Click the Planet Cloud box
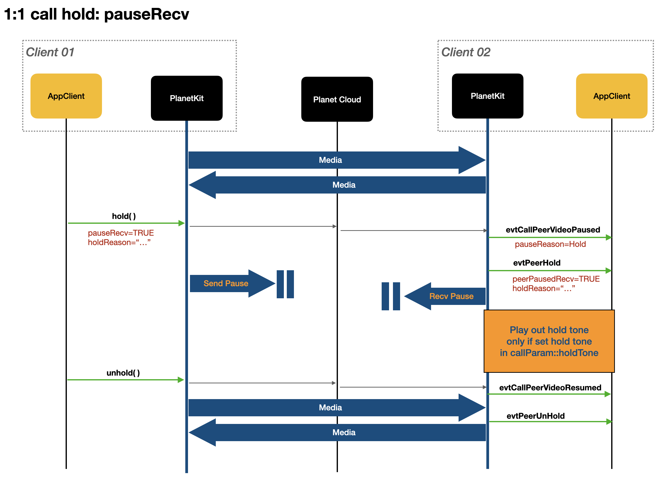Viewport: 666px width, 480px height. tap(337, 99)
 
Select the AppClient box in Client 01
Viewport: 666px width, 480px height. tap(66, 96)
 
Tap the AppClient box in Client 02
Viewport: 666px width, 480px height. tap(611, 96)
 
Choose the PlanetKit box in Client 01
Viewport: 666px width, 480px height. tap(187, 98)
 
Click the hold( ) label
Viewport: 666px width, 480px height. tap(124, 216)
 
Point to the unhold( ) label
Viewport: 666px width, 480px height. tap(123, 373)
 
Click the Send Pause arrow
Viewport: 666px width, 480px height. tap(226, 284)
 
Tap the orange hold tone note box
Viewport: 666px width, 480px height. tap(549, 341)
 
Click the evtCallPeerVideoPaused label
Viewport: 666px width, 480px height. tap(553, 230)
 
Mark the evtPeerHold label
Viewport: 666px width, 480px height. tap(536, 263)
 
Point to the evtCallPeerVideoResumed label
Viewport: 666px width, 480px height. tap(550, 388)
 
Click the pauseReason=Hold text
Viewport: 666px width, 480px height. tap(550, 244)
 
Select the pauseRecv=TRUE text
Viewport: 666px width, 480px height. tap(121, 233)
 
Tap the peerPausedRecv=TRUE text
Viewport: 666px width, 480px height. tap(556, 279)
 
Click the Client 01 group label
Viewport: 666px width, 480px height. tap(50, 52)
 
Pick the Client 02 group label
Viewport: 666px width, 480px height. tap(465, 52)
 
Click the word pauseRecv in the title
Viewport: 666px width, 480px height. tap(146, 14)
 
